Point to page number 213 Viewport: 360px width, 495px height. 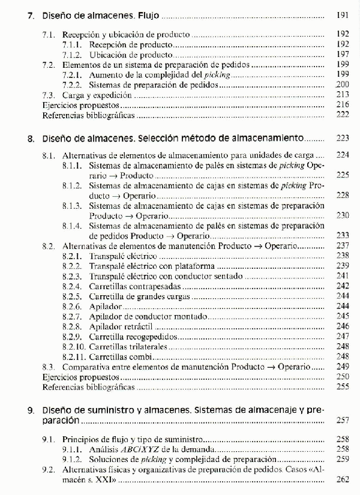pyautogui.click(x=343, y=95)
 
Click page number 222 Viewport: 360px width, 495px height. pyautogui.click(x=343, y=114)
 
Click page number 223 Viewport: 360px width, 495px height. pyautogui.click(x=343, y=139)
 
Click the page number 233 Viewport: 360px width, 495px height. pyautogui.click(x=343, y=235)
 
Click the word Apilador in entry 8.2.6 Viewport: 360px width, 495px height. pyautogui.click(x=106, y=306)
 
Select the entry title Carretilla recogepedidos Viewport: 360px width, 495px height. pyautogui.click(x=128, y=337)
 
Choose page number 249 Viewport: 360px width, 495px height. pyautogui.click(x=343, y=366)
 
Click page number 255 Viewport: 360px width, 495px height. pyautogui.click(x=343, y=387)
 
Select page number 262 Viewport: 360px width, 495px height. pyautogui.click(x=343, y=480)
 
